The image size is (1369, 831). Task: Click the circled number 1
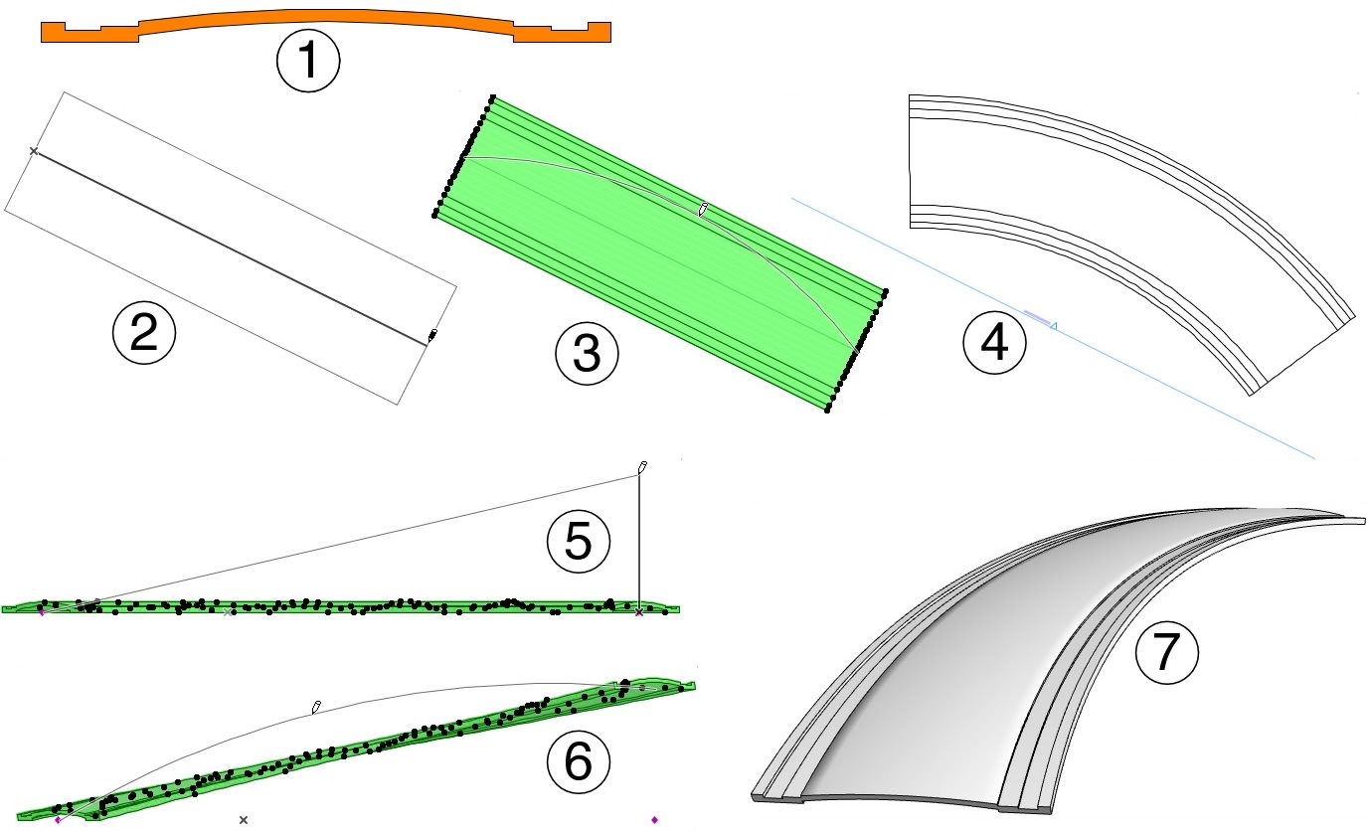(308, 62)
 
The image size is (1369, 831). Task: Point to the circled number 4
(994, 344)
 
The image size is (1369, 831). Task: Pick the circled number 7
(1167, 655)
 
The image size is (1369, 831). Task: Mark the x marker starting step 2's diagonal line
(34, 151)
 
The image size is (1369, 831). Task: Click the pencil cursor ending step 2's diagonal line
(432, 336)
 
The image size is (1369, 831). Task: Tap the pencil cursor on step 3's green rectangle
(703, 209)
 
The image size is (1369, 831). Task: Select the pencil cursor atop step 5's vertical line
(642, 466)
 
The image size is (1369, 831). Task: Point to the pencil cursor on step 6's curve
(316, 707)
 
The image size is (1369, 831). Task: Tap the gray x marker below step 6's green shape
(244, 819)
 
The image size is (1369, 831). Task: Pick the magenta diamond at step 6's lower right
(654, 819)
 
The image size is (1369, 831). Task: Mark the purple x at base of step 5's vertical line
(638, 613)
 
